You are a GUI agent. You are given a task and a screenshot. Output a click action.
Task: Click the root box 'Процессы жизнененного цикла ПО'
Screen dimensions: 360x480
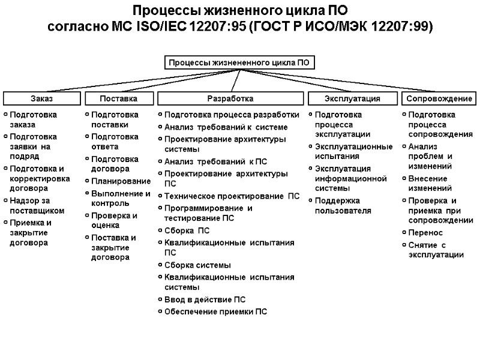click(239, 62)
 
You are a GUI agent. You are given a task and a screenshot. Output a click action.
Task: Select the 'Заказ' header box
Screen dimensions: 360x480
click(41, 98)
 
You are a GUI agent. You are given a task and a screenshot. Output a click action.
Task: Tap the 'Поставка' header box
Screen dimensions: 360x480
click(118, 98)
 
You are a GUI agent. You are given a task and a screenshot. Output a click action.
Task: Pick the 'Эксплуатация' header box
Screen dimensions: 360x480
click(352, 98)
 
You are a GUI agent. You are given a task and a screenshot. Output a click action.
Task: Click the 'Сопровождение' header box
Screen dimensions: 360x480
click(439, 98)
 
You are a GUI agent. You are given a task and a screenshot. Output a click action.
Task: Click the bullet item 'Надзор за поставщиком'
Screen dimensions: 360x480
click(37, 206)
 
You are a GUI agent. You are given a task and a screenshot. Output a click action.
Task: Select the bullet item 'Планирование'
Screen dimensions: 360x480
click(121, 181)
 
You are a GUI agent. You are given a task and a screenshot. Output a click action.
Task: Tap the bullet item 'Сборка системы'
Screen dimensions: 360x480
click(197, 265)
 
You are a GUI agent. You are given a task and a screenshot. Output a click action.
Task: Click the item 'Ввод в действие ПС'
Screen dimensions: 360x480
click(205, 299)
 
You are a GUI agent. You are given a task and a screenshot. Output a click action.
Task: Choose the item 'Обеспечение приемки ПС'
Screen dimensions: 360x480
click(215, 311)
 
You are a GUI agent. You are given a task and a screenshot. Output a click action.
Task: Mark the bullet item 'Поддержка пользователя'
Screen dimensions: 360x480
click(343, 206)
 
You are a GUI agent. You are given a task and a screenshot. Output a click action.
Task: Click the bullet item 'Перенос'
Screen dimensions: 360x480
click(425, 232)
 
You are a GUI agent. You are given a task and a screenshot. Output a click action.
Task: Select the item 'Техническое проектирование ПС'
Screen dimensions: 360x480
click(232, 196)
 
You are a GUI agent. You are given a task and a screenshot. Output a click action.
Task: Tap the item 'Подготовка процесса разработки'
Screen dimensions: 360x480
click(232, 115)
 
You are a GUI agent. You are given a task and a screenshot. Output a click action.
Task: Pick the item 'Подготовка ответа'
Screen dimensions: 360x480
click(115, 142)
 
